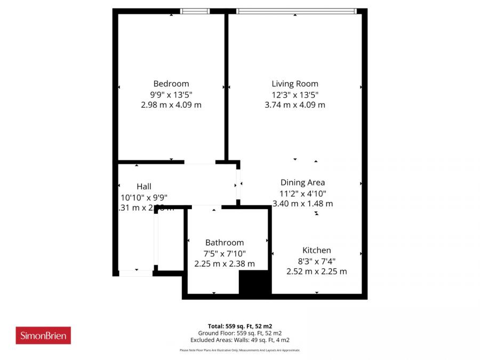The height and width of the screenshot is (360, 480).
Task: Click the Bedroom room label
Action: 171,84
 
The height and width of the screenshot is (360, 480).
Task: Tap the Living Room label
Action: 295,84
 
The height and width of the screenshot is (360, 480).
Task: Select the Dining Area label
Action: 302,182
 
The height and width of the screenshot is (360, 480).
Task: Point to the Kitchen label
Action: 317,250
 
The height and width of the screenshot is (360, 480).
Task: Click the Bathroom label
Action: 225,243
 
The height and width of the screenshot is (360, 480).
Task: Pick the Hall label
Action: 144,187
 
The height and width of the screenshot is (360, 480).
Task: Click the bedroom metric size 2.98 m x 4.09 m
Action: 171,105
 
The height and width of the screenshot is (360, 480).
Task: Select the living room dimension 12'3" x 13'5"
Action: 295,94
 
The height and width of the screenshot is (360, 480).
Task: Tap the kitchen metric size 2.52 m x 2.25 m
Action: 317,271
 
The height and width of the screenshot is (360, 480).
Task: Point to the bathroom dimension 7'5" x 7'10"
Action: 225,253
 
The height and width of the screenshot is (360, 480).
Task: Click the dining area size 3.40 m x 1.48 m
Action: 302,203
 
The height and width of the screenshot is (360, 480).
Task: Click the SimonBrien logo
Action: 43,335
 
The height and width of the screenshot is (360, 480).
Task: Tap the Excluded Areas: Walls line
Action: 240,340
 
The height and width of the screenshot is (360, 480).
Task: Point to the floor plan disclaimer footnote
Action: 240,350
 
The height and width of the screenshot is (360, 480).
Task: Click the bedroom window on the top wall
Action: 195,11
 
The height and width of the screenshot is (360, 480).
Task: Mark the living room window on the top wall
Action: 296,11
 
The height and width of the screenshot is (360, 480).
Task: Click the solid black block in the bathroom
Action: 255,282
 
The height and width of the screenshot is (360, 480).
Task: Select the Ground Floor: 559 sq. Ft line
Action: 240,333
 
